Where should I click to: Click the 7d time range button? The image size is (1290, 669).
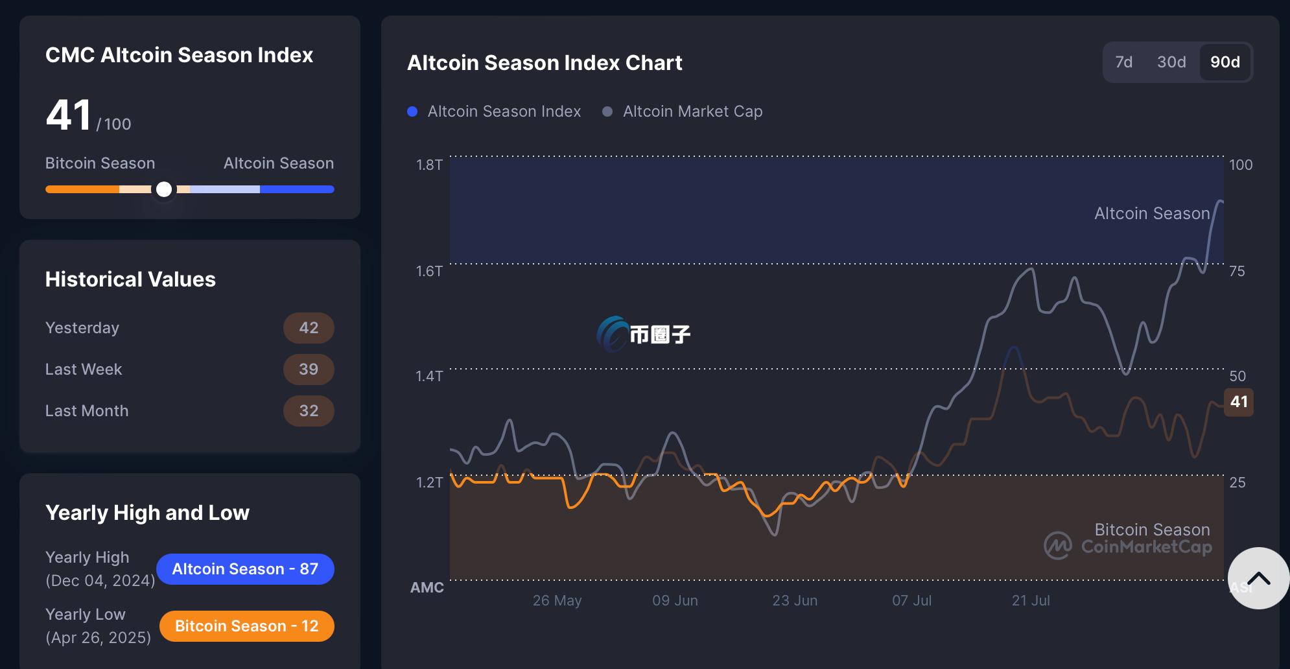[1123, 62]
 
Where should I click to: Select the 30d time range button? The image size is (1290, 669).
[1171, 62]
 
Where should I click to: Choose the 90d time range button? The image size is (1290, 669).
[1225, 62]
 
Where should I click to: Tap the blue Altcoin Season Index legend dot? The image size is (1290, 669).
[412, 111]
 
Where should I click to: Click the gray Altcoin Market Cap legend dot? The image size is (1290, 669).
[607, 111]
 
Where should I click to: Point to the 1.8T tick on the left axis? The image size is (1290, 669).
[429, 165]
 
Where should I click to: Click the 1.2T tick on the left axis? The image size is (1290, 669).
[429, 482]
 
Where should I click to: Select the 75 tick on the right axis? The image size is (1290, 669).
[1237, 271]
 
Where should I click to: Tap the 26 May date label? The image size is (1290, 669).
[557, 600]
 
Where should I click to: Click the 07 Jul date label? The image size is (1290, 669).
[911, 600]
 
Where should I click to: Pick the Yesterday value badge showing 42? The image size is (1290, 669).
[309, 328]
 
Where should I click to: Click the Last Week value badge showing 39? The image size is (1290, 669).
[309, 370]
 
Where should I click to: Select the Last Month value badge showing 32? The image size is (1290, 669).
[309, 411]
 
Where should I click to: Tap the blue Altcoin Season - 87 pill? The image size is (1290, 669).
[245, 569]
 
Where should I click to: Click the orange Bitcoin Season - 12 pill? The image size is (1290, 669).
[246, 626]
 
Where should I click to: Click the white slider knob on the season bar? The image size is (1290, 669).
[165, 189]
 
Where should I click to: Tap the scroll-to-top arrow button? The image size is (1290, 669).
[1258, 578]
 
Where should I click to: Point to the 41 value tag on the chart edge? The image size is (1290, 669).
[1238, 402]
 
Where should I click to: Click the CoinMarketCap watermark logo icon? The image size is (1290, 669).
[1058, 546]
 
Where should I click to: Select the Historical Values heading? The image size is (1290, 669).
[130, 279]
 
